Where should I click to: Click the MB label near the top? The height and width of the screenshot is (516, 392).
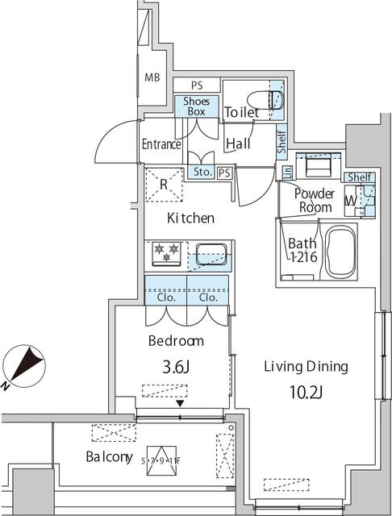152,78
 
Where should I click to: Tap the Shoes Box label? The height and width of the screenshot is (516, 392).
196,106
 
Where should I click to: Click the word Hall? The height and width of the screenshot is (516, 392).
237,144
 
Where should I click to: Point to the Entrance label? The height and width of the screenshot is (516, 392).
161,145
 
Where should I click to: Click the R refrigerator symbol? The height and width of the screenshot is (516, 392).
164,184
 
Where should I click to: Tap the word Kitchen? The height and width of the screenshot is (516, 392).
190,218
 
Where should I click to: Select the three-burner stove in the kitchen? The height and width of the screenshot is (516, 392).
165,254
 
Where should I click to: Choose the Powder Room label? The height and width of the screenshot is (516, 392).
313,200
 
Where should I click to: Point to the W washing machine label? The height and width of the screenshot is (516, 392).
352,200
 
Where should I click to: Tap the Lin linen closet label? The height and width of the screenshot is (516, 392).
286,172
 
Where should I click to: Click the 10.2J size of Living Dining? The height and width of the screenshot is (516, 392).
306,394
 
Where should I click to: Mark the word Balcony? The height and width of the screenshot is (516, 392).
109,457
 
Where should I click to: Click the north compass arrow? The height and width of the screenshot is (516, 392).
24,364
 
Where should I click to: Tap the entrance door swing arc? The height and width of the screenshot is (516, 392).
113,139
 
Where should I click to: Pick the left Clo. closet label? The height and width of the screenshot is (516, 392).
166,296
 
